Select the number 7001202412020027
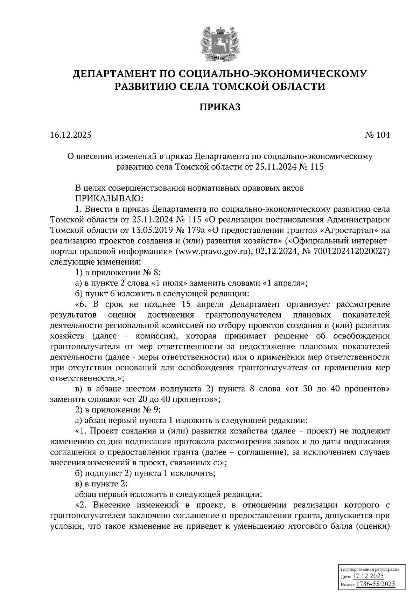click(351, 251)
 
